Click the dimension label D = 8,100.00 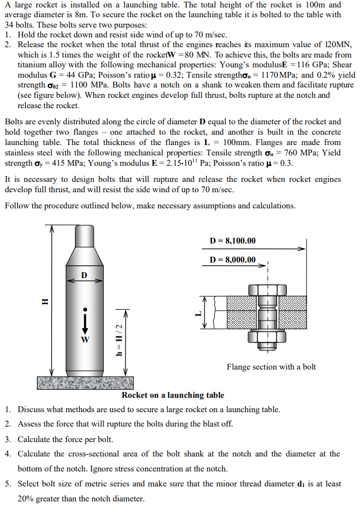(233, 241)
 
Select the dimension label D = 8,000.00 (233, 260)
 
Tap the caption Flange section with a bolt (271, 367)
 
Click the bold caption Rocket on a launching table (173, 395)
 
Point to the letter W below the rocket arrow (85, 338)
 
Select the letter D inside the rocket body (85, 274)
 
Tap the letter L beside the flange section (197, 314)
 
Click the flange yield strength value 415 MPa (72, 163)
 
